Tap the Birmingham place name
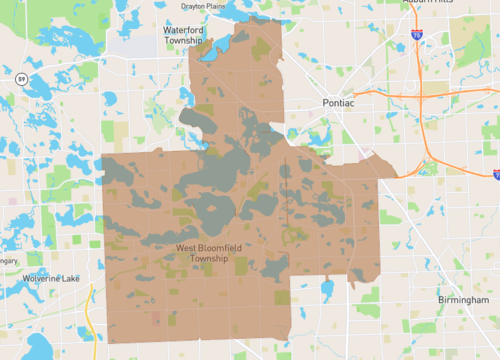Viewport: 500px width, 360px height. tap(462, 300)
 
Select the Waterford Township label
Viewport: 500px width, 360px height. tap(184, 35)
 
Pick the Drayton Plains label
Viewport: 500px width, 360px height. tap(205, 5)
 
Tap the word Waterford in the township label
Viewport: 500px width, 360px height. tap(184, 30)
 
